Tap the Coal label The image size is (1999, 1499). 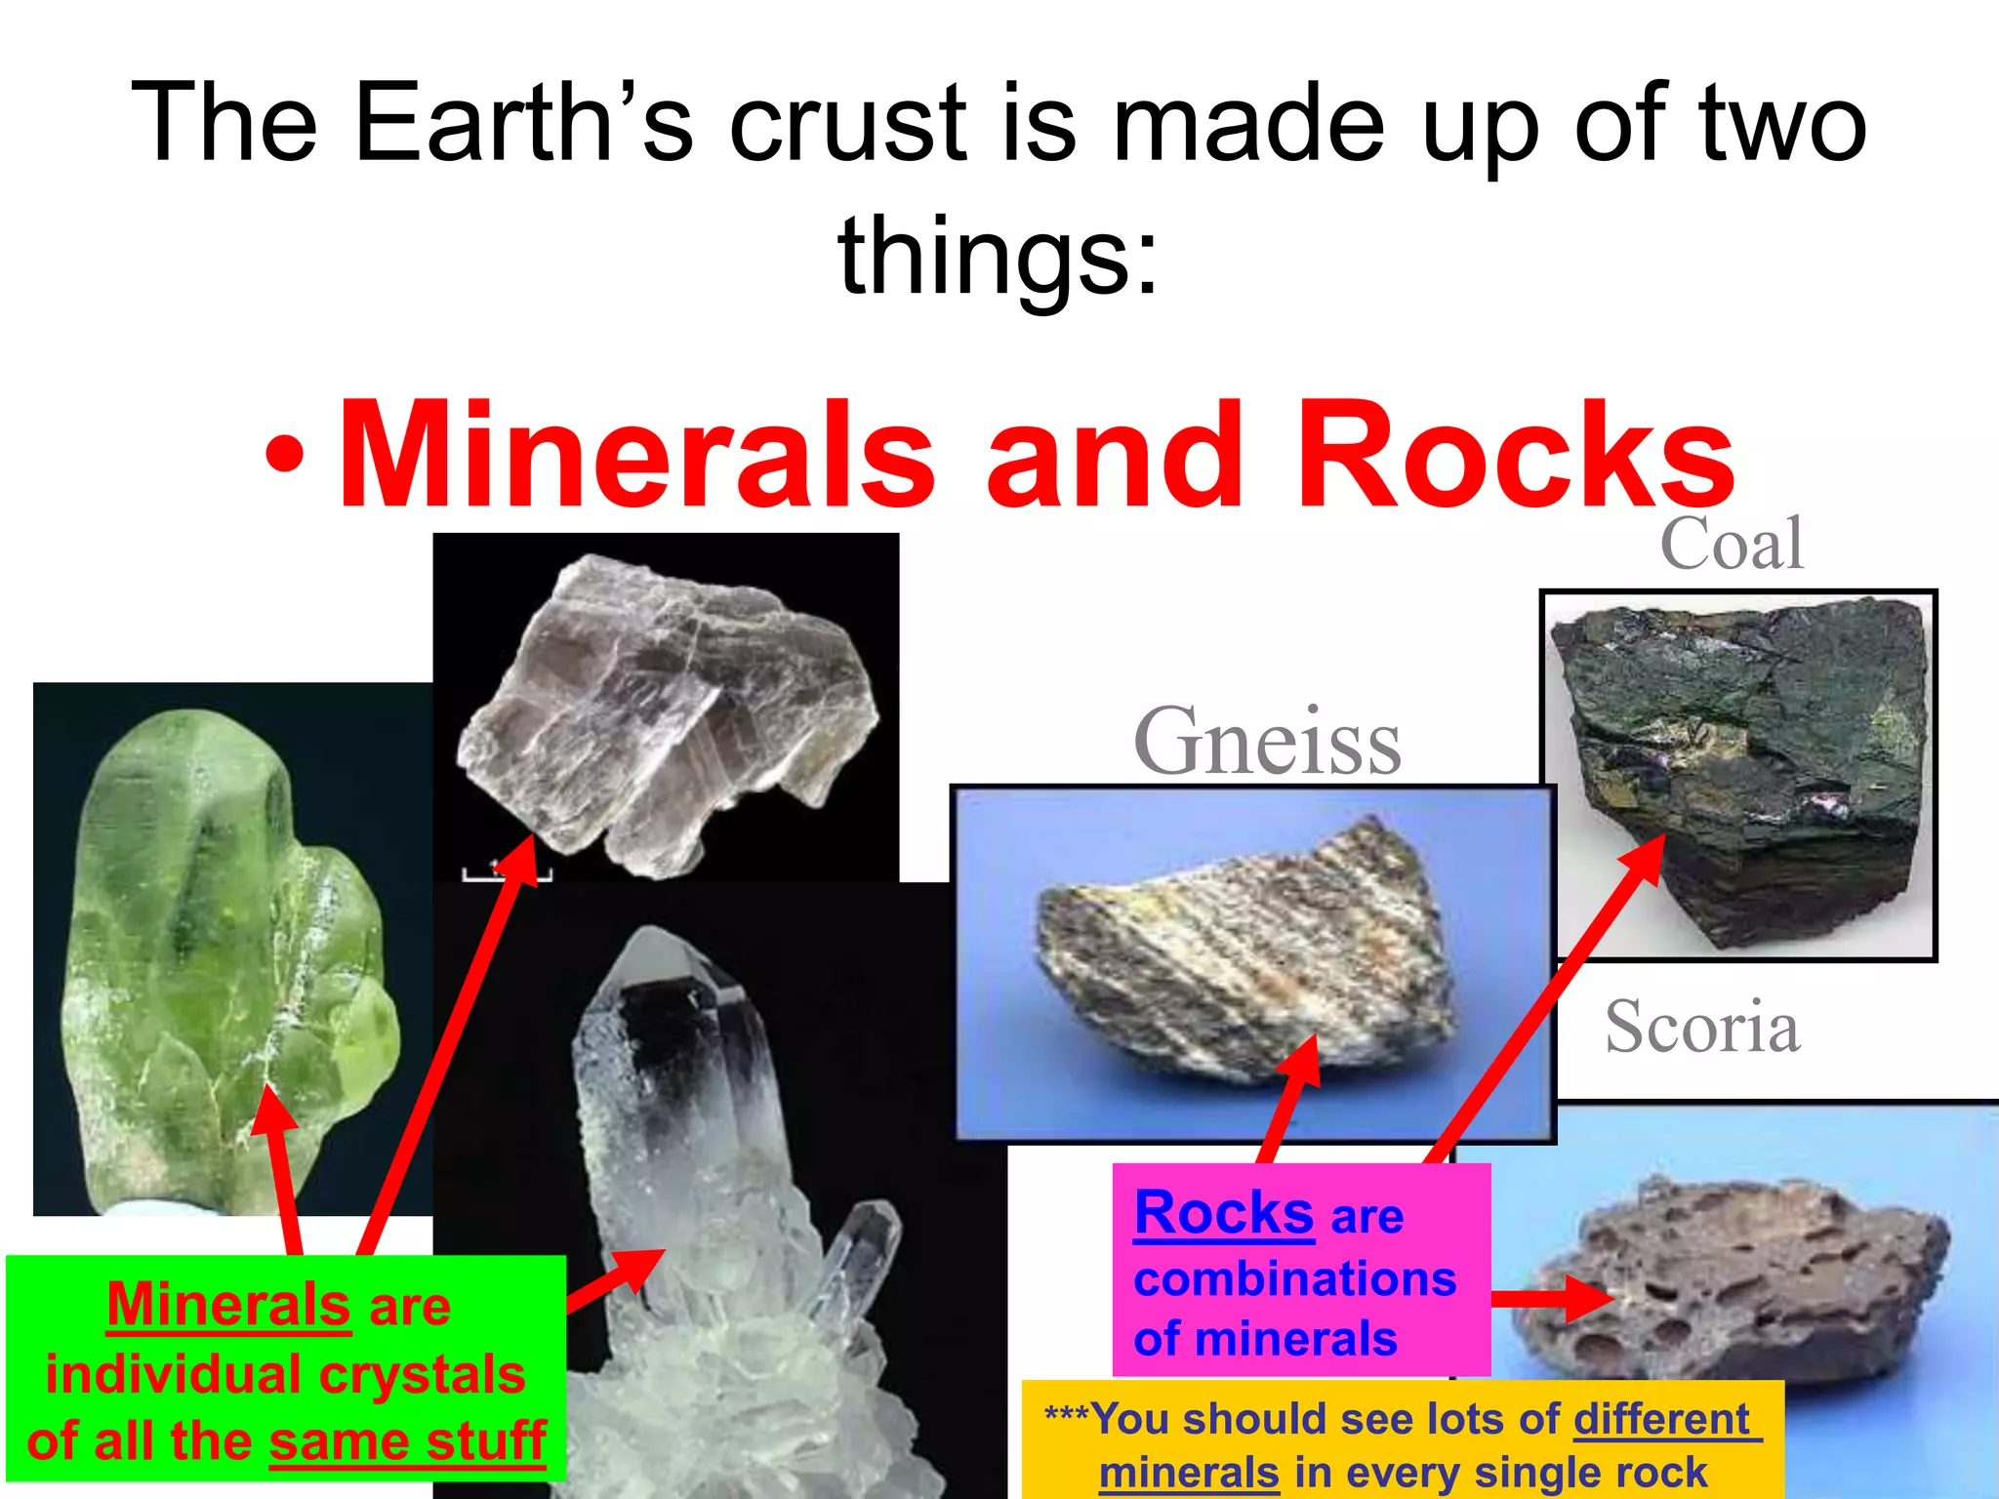pos(1732,545)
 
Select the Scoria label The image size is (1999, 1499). pos(1702,1028)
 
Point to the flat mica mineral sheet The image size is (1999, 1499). pos(664,712)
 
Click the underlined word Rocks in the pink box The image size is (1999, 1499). pos(1224,1214)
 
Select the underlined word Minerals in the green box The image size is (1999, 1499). pos(228,1306)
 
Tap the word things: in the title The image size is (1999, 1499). pos(998,256)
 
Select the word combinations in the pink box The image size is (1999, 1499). pos(1294,1278)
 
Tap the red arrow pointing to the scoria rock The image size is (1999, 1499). pos(1552,1298)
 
